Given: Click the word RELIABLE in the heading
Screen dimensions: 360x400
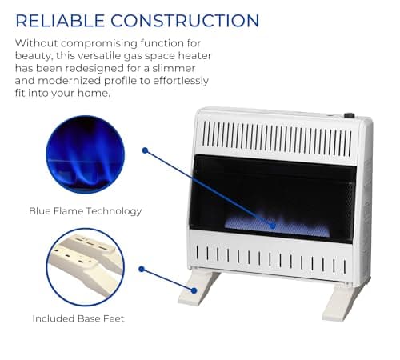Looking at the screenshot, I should (61, 21).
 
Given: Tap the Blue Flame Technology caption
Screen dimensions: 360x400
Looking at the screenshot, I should (85, 211).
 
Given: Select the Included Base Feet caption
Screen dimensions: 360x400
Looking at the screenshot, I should (78, 318).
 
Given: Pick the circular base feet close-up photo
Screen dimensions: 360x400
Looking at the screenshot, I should (85, 266).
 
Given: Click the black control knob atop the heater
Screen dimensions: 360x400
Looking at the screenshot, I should (349, 116).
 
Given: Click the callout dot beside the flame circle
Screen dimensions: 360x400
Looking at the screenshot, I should (145, 150).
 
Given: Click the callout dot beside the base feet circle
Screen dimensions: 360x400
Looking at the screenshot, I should (142, 269).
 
